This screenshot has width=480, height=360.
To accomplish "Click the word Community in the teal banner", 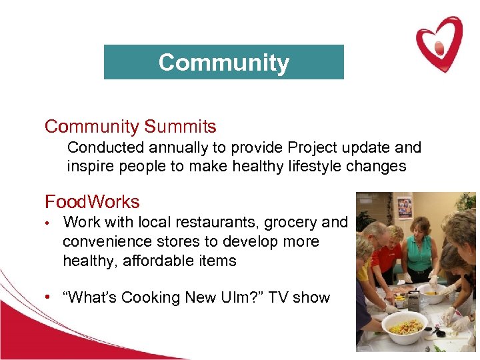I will (x=223, y=63).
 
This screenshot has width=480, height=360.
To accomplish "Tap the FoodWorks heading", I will (x=92, y=201).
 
